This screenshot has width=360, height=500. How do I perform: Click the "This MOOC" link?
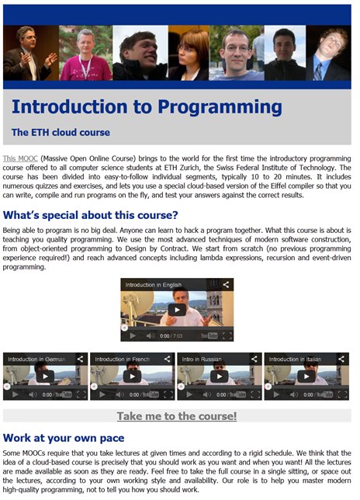20,158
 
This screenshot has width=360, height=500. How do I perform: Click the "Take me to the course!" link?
177,416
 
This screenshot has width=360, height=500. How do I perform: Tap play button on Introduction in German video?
45,377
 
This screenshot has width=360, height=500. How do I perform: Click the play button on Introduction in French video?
132,377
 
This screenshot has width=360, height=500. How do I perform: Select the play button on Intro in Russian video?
220,377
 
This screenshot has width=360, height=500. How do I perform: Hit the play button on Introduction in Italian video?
306,377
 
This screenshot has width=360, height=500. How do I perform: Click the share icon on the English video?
226,284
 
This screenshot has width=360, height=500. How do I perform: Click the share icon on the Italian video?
341,359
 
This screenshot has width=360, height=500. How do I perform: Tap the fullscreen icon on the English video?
227,335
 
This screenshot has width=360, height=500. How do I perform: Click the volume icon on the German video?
33,394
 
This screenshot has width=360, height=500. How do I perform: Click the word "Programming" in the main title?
220,107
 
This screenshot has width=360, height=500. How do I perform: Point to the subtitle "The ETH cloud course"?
61,132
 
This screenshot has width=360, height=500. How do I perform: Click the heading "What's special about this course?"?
91,215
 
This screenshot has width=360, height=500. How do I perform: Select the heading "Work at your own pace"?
64,438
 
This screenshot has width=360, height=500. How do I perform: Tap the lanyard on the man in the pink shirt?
86,68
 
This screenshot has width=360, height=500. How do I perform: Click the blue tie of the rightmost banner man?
319,71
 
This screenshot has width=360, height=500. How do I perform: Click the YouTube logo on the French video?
150,394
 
